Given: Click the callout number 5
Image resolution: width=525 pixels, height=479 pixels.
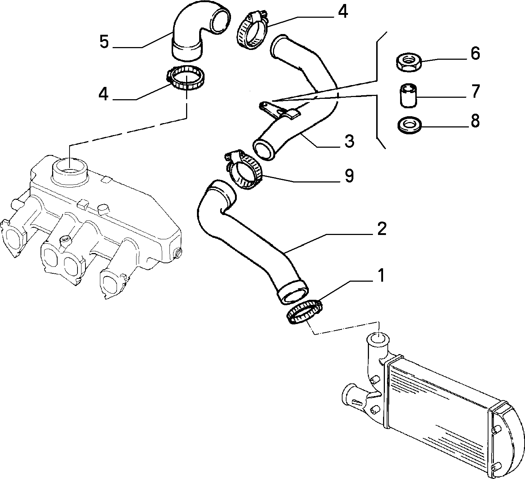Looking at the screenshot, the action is click(104, 42).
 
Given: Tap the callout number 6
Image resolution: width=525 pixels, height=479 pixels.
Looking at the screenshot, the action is click(475, 54).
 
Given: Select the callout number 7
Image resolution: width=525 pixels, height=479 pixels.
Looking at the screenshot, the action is click(475, 91).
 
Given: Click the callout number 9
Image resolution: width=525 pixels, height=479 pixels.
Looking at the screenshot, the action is click(349, 175).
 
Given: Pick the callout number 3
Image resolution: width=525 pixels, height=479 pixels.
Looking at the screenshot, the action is click(349, 141).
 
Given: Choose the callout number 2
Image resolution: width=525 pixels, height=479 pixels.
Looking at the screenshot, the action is click(382, 228).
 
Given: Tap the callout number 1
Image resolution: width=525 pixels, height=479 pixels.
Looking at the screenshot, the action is click(382, 276).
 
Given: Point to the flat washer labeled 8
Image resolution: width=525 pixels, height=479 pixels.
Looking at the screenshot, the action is click(409, 125).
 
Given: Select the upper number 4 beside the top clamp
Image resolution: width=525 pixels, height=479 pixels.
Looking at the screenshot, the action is click(343, 12).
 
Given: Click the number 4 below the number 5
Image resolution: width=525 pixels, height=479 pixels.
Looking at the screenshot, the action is click(104, 94).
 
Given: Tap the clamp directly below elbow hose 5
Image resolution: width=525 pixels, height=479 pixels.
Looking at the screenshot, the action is click(185, 77).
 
